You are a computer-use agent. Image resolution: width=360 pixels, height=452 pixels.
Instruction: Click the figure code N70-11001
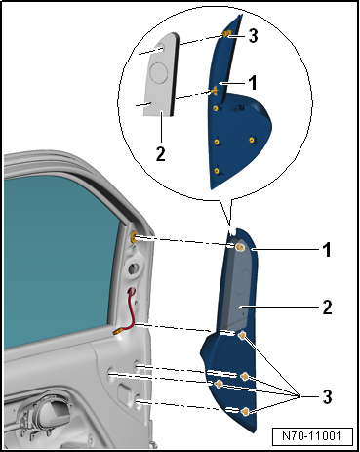pyautogui.click(x=311, y=436)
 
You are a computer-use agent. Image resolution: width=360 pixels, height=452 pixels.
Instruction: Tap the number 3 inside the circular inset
pyautogui.click(x=254, y=35)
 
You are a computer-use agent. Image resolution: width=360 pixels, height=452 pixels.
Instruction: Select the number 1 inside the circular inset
pyautogui.click(x=253, y=83)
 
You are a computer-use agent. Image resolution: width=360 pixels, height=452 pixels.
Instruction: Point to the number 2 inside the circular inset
pyautogui.click(x=161, y=153)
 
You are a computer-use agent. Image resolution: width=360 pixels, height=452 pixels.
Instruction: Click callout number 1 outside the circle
pyautogui.click(x=327, y=250)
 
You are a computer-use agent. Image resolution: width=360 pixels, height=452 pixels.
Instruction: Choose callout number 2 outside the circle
pyautogui.click(x=327, y=307)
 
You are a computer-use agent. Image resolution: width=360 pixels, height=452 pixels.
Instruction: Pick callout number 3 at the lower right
pyautogui.click(x=327, y=396)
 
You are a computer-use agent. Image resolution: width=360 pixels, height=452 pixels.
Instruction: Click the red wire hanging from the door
pyautogui.click(x=132, y=309)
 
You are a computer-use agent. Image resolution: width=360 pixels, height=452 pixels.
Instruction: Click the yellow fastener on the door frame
pyautogui.click(x=134, y=238)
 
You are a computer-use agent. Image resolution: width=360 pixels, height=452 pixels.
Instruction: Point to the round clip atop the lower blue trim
pyautogui.click(x=240, y=247)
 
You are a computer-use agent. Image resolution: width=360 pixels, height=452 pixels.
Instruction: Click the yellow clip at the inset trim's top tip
pyautogui.click(x=226, y=33)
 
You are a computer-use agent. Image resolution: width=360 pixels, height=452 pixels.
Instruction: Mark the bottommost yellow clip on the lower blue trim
pyautogui.click(x=245, y=412)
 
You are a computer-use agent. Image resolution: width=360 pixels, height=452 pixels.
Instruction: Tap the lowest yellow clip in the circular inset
pyautogui.click(x=217, y=171)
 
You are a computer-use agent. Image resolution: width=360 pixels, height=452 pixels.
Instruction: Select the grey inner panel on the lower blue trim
pyautogui.click(x=237, y=286)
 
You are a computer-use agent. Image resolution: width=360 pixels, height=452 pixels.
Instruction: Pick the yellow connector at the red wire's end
pyautogui.click(x=116, y=332)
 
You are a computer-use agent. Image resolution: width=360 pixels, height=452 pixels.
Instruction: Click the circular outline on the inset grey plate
pyautogui.click(x=159, y=71)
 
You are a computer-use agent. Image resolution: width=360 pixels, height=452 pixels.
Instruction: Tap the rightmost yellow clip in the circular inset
pyautogui.click(x=252, y=140)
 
